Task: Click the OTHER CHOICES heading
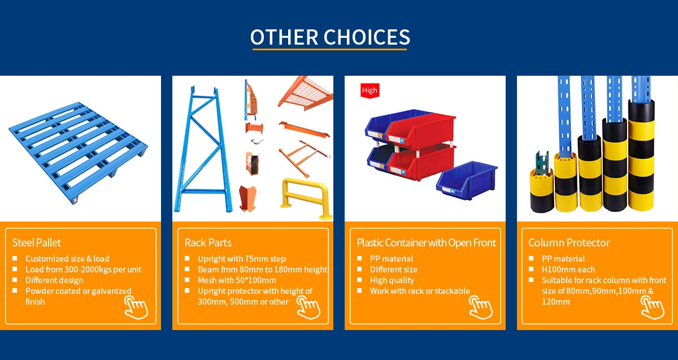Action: (331, 37)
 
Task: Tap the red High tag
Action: (370, 90)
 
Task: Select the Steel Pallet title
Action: (37, 242)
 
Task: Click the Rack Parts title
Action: (208, 242)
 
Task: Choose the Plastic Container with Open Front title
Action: (426, 242)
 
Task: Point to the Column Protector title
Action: (569, 242)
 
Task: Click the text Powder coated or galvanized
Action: (78, 291)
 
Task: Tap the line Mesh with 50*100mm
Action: (237, 280)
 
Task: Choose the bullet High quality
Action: (392, 280)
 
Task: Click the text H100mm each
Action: (568, 270)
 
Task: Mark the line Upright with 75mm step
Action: (242, 259)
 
